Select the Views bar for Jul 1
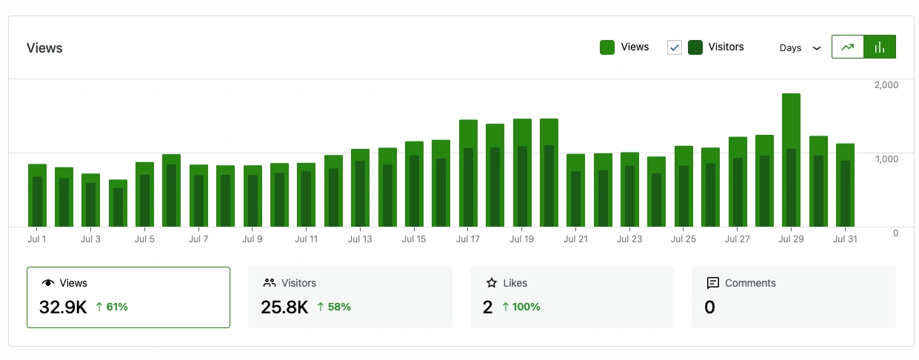pos(37,170)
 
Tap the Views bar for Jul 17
pos(468,133)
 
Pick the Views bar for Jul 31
pos(845,152)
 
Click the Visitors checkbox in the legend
pos(675,47)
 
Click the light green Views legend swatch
pos(607,47)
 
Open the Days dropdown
pos(800,48)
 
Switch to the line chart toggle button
pos(848,47)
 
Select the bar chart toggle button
pos(880,47)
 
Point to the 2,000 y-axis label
pos(886,85)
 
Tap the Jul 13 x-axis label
pos(360,239)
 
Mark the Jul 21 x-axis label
pos(575,239)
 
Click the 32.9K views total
pos(63,307)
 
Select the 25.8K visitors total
pos(284,307)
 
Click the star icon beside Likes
pos(491,283)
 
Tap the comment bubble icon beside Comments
pos(713,283)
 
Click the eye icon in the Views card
pos(49,283)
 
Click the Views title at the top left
pos(44,48)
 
